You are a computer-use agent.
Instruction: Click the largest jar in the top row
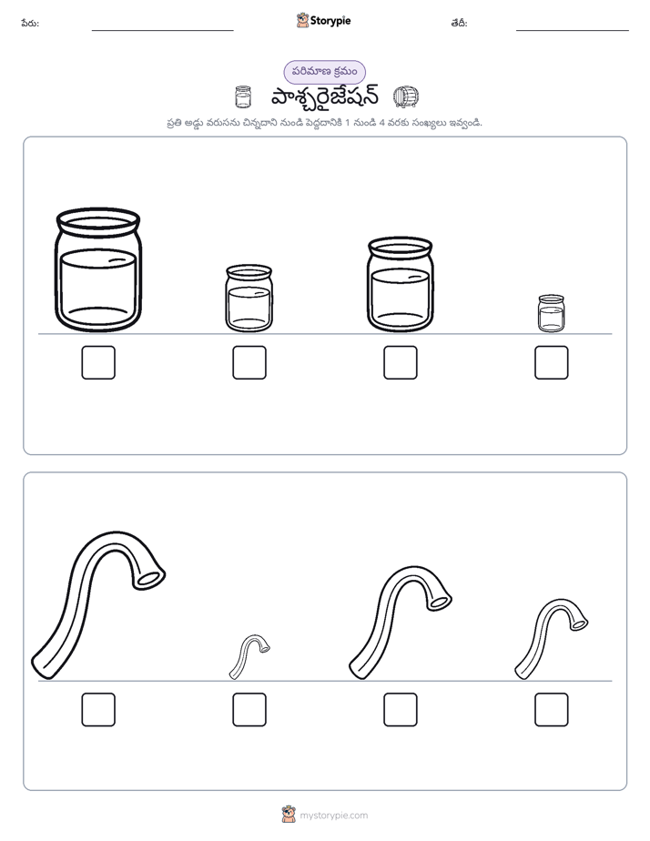[98, 269]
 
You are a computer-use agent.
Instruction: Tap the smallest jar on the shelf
[552, 313]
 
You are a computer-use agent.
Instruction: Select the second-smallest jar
[249, 299]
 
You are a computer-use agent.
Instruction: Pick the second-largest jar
[400, 285]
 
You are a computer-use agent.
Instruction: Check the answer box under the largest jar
[98, 362]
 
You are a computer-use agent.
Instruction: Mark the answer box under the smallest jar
[552, 362]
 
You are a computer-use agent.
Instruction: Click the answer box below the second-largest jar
[401, 362]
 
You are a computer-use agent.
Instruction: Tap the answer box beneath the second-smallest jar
[249, 362]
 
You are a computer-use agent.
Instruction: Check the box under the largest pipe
[98, 710]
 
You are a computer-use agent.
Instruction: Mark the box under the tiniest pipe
[249, 710]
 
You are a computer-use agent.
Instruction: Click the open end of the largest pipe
[150, 578]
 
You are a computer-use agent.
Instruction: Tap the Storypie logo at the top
[323, 20]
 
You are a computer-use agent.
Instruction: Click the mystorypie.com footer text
[333, 816]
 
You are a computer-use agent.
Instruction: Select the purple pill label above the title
[324, 72]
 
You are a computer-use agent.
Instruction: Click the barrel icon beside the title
[406, 97]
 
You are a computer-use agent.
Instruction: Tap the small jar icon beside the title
[243, 97]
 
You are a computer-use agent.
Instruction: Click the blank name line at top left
[162, 31]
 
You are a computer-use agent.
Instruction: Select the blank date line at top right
[573, 31]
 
